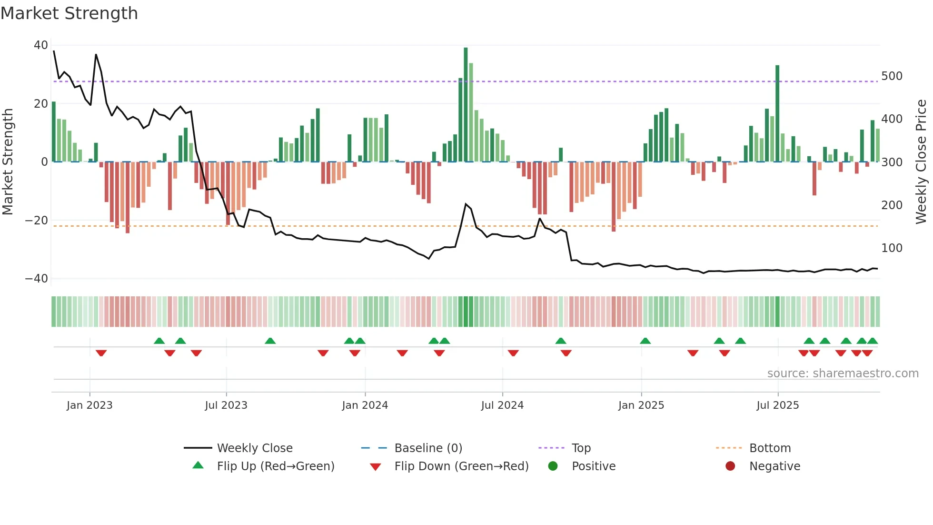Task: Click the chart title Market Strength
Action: (69, 13)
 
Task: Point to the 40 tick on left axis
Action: (40, 45)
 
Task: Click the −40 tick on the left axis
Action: (37, 279)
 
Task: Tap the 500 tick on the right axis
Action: (892, 76)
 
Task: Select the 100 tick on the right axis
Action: (892, 248)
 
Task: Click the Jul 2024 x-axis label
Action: (502, 405)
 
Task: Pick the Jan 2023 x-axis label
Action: (89, 405)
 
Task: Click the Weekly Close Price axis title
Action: (922, 162)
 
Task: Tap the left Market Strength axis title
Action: (8, 162)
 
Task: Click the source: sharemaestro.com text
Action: (843, 374)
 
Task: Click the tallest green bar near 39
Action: (466, 105)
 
